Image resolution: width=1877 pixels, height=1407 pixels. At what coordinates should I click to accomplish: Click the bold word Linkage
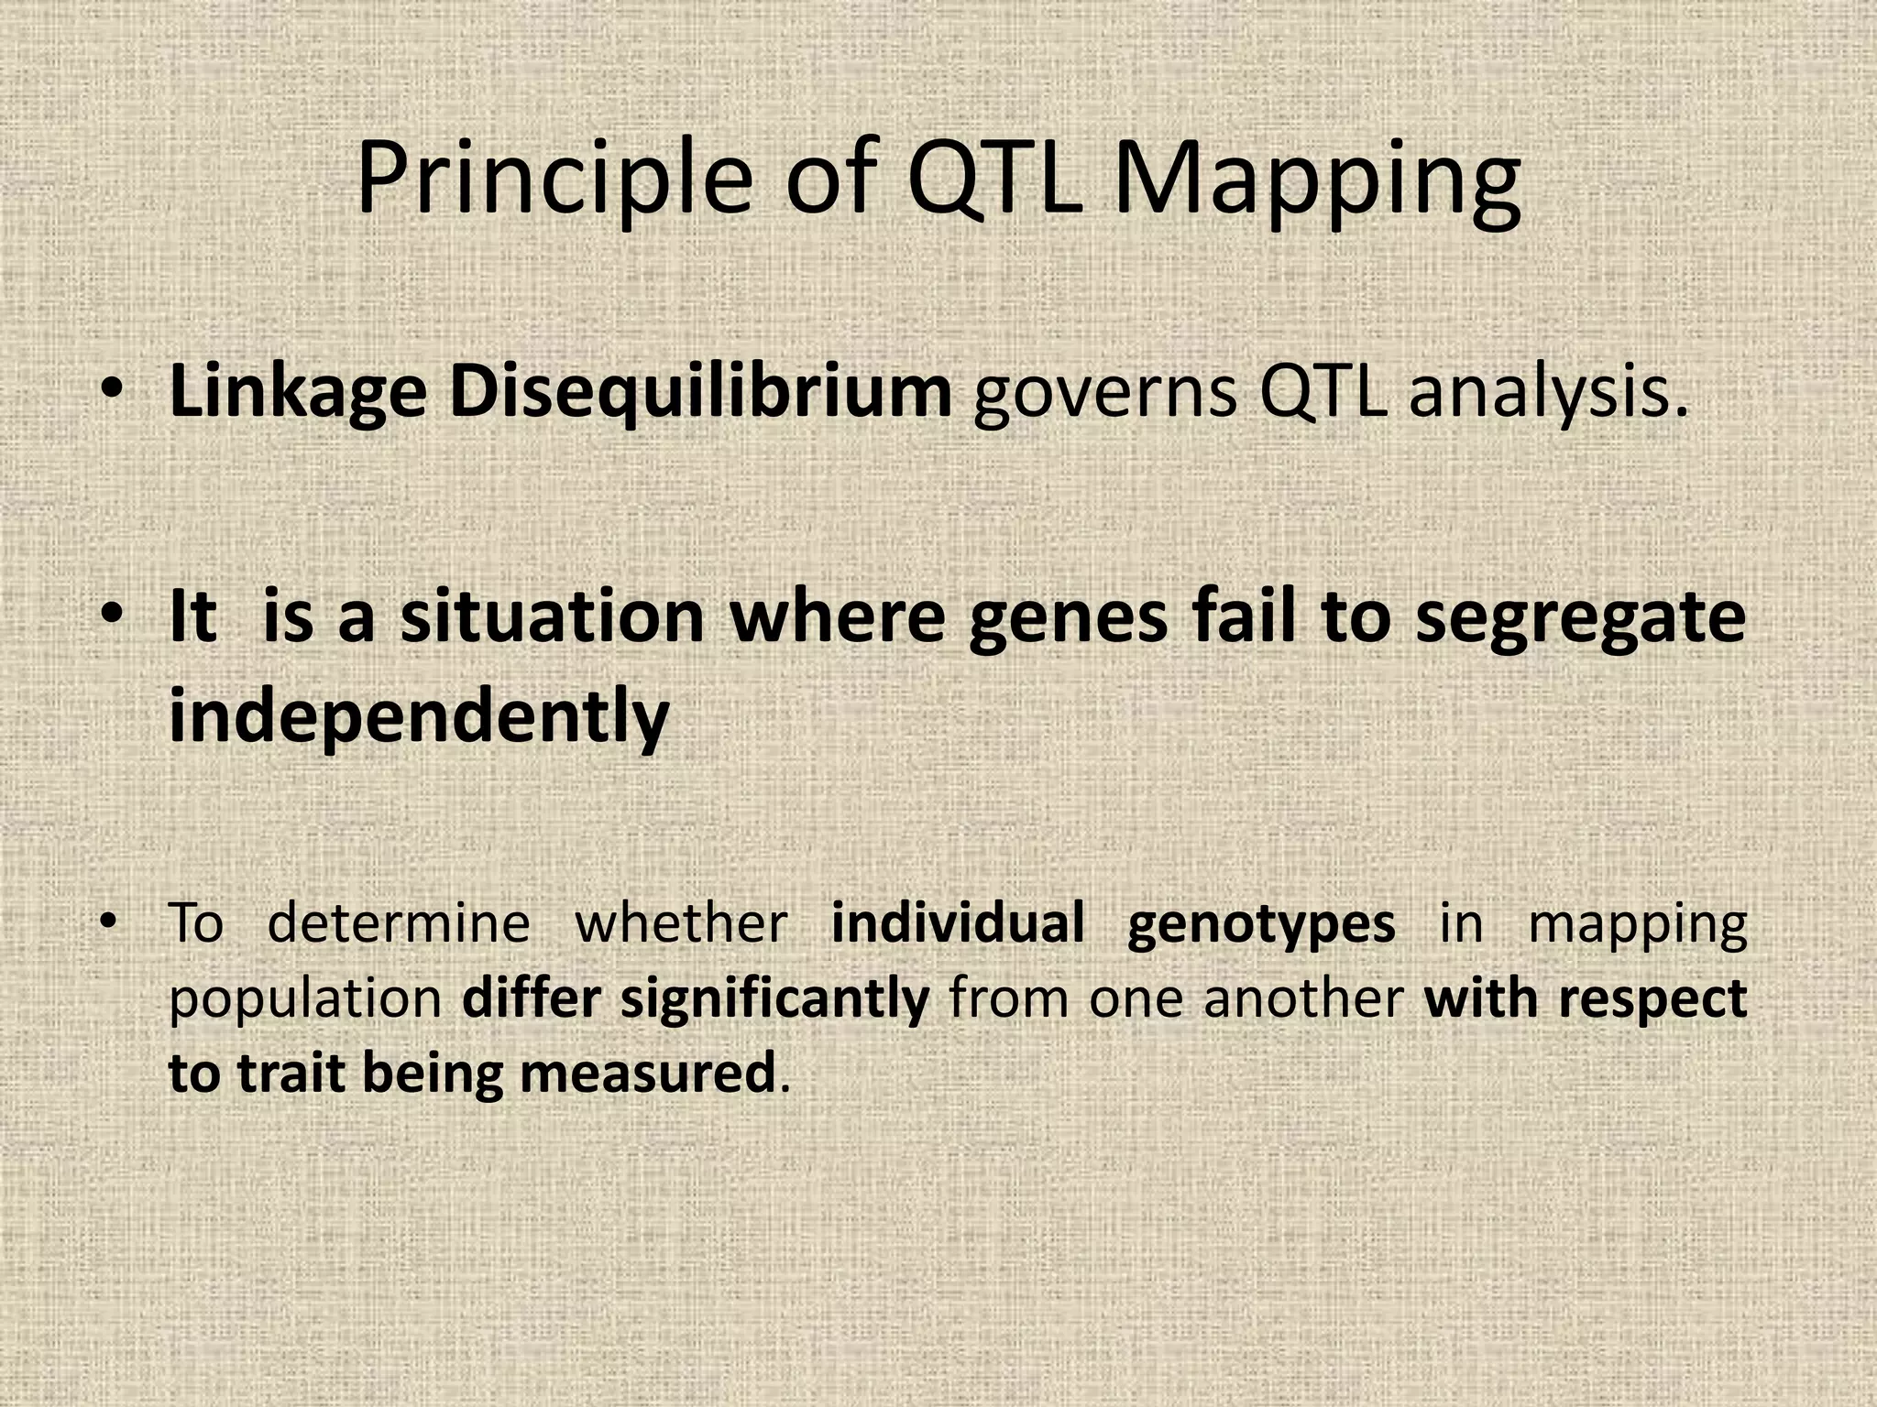coord(298,394)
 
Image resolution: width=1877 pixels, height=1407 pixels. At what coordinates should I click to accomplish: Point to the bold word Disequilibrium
coord(700,394)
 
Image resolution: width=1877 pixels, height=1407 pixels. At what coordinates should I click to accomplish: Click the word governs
coord(1105,394)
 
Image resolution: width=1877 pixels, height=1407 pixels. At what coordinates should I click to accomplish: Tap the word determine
coord(399,923)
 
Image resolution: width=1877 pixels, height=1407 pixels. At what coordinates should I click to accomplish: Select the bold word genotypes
coord(1260,923)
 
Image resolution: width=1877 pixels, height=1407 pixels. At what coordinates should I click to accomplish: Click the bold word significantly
coord(774,998)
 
